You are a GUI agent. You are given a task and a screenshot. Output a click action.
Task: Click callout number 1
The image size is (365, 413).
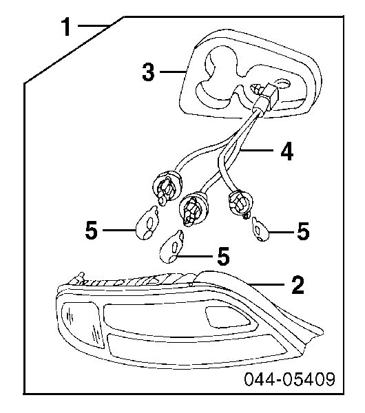pos(66,27)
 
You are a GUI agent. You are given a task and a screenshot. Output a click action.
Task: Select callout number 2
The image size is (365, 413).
pos(298,285)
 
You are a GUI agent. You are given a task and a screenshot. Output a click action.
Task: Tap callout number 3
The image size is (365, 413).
pos(148,72)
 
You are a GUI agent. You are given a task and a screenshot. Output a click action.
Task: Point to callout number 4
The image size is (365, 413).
pos(286,151)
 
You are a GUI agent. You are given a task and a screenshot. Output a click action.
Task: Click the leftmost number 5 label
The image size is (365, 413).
pos(92,230)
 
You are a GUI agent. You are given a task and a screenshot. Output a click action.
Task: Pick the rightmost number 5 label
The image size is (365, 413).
pos(303,231)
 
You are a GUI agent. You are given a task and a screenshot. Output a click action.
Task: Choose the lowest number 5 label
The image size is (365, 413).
pos(224,256)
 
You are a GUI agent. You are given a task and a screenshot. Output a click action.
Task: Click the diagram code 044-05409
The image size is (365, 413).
pos(290,379)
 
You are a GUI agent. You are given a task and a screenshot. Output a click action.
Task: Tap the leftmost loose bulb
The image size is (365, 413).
pos(147,223)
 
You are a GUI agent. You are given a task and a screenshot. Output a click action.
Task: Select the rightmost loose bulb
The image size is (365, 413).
pos(260,229)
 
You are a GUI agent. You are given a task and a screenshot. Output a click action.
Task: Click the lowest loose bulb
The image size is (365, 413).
pos(172,247)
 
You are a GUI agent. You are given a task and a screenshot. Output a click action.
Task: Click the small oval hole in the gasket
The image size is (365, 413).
pos(283,84)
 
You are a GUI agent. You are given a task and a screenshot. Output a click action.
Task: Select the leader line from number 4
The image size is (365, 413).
pos(257,151)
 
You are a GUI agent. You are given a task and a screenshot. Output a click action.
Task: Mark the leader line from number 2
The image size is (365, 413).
pos(266,284)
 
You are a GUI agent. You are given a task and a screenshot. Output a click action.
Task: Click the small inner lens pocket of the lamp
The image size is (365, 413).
pos(227,317)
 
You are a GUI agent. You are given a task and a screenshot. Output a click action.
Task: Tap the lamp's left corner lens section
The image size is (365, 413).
pos(82,325)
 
